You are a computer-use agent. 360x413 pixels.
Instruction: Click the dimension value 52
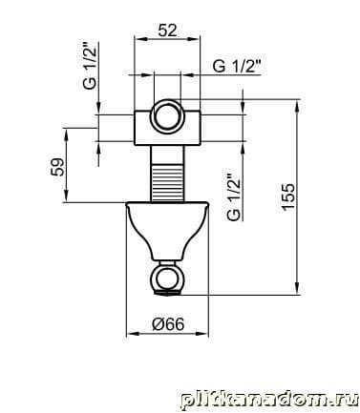[167, 31]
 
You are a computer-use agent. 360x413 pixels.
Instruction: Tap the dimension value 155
[288, 196]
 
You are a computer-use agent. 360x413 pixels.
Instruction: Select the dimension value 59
[57, 167]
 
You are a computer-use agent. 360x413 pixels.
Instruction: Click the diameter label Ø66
[168, 324]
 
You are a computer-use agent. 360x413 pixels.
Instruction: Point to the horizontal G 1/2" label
[237, 66]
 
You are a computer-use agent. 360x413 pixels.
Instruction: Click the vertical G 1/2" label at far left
[90, 66]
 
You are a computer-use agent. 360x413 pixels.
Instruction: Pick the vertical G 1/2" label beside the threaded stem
[234, 197]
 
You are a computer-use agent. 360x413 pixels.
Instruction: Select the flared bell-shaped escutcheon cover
[167, 230]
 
